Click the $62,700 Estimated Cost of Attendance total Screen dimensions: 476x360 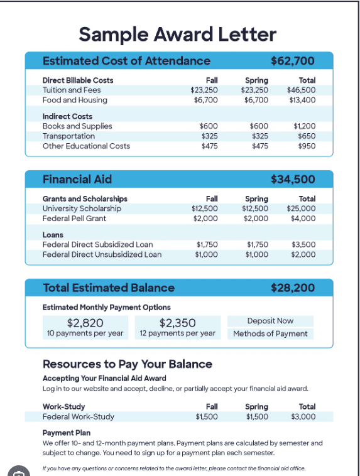[x=292, y=61]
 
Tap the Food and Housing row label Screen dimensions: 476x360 [x=75, y=100]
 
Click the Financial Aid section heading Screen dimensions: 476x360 [x=77, y=180]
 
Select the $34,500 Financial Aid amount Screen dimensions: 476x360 [x=292, y=180]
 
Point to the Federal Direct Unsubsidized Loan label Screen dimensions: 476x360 [x=102, y=255]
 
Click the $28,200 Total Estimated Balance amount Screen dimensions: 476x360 [x=292, y=288]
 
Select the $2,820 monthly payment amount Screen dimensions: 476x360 [x=85, y=323]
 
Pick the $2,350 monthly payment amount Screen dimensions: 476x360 [x=177, y=323]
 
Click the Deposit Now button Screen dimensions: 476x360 [x=270, y=321]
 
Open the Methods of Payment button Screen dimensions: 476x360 [x=270, y=333]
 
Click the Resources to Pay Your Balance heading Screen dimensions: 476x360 [x=127, y=364]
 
